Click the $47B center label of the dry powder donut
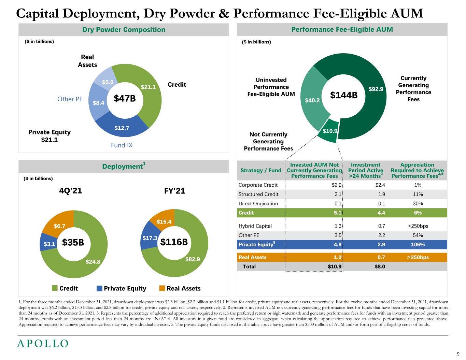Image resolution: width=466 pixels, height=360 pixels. (x=125, y=99)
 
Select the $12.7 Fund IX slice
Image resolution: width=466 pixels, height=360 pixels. (x=122, y=128)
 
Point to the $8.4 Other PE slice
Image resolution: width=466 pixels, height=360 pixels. (x=98, y=102)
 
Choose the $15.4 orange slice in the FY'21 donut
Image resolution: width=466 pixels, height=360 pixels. (x=164, y=222)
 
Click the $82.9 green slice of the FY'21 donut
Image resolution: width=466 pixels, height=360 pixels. (x=193, y=259)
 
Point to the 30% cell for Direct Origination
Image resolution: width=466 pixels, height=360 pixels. (x=418, y=203)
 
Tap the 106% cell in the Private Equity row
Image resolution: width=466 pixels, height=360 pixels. (x=418, y=244)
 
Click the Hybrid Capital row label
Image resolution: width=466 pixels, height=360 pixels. (x=255, y=226)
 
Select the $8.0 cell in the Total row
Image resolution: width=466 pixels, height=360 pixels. (x=380, y=267)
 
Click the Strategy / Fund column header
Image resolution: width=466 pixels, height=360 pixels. (x=261, y=170)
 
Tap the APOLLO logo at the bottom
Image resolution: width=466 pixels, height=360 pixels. (x=43, y=344)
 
